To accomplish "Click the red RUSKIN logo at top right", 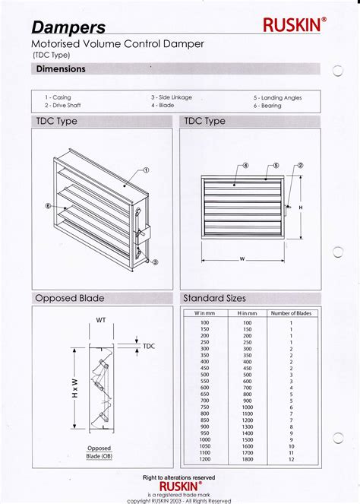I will tap(295, 25).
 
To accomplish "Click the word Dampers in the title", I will tap(68, 28).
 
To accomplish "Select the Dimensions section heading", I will tap(61, 69).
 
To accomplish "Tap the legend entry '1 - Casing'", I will tap(58, 97).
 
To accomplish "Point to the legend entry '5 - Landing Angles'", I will tap(278, 98).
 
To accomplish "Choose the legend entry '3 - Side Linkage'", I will tap(171, 97).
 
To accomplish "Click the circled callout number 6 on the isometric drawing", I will tap(47, 206).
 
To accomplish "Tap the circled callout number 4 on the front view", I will tap(246, 165).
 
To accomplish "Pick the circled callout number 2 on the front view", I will tap(300, 165).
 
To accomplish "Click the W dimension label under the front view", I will tap(242, 259).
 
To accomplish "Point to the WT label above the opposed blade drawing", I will tap(100, 320).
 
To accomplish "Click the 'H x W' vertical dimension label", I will tap(74, 391).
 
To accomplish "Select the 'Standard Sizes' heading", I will tap(215, 298).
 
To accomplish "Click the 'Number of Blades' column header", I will tap(291, 313).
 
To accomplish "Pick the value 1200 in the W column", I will tap(204, 459).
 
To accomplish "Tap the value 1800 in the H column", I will tap(248, 459).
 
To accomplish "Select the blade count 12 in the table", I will tap(291, 459).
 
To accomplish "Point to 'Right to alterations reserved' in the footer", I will tap(179, 477).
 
